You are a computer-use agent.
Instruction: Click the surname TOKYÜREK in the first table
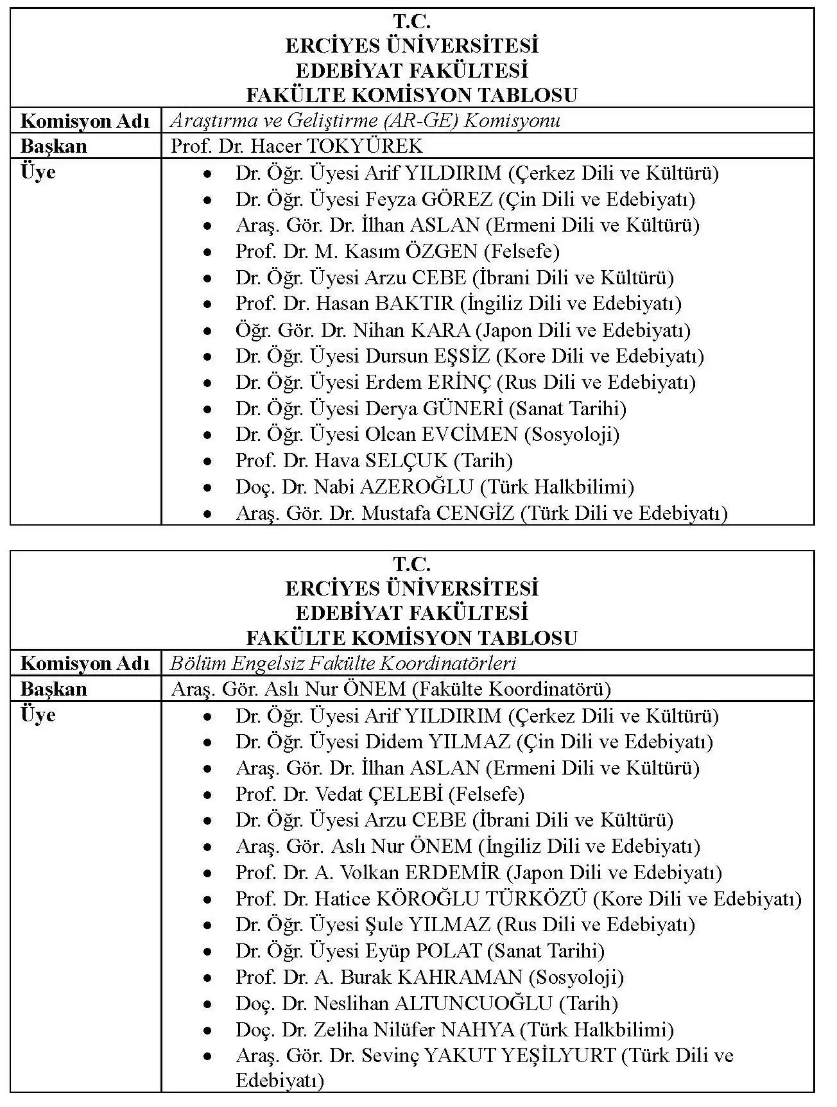(365, 146)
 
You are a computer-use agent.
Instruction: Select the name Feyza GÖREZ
(428, 200)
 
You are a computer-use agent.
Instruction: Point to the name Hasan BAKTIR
(384, 304)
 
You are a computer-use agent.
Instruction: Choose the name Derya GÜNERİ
(433, 409)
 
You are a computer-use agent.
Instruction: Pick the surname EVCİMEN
(469, 434)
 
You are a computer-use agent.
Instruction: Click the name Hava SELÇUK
(381, 461)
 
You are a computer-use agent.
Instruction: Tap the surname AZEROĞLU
(416, 487)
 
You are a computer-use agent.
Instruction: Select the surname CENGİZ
(475, 513)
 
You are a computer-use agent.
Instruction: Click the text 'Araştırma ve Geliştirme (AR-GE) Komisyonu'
(365, 121)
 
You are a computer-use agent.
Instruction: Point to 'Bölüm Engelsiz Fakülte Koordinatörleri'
(343, 663)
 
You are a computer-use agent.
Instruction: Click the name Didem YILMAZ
(437, 742)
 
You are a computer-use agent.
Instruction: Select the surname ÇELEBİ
(406, 794)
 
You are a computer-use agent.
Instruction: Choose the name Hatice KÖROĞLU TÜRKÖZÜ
(450, 899)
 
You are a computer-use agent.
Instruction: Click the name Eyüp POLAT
(423, 951)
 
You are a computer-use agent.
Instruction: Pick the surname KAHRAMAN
(460, 977)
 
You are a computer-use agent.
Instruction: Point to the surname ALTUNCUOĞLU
(473, 1004)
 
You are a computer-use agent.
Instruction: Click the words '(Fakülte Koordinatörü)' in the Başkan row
(511, 689)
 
